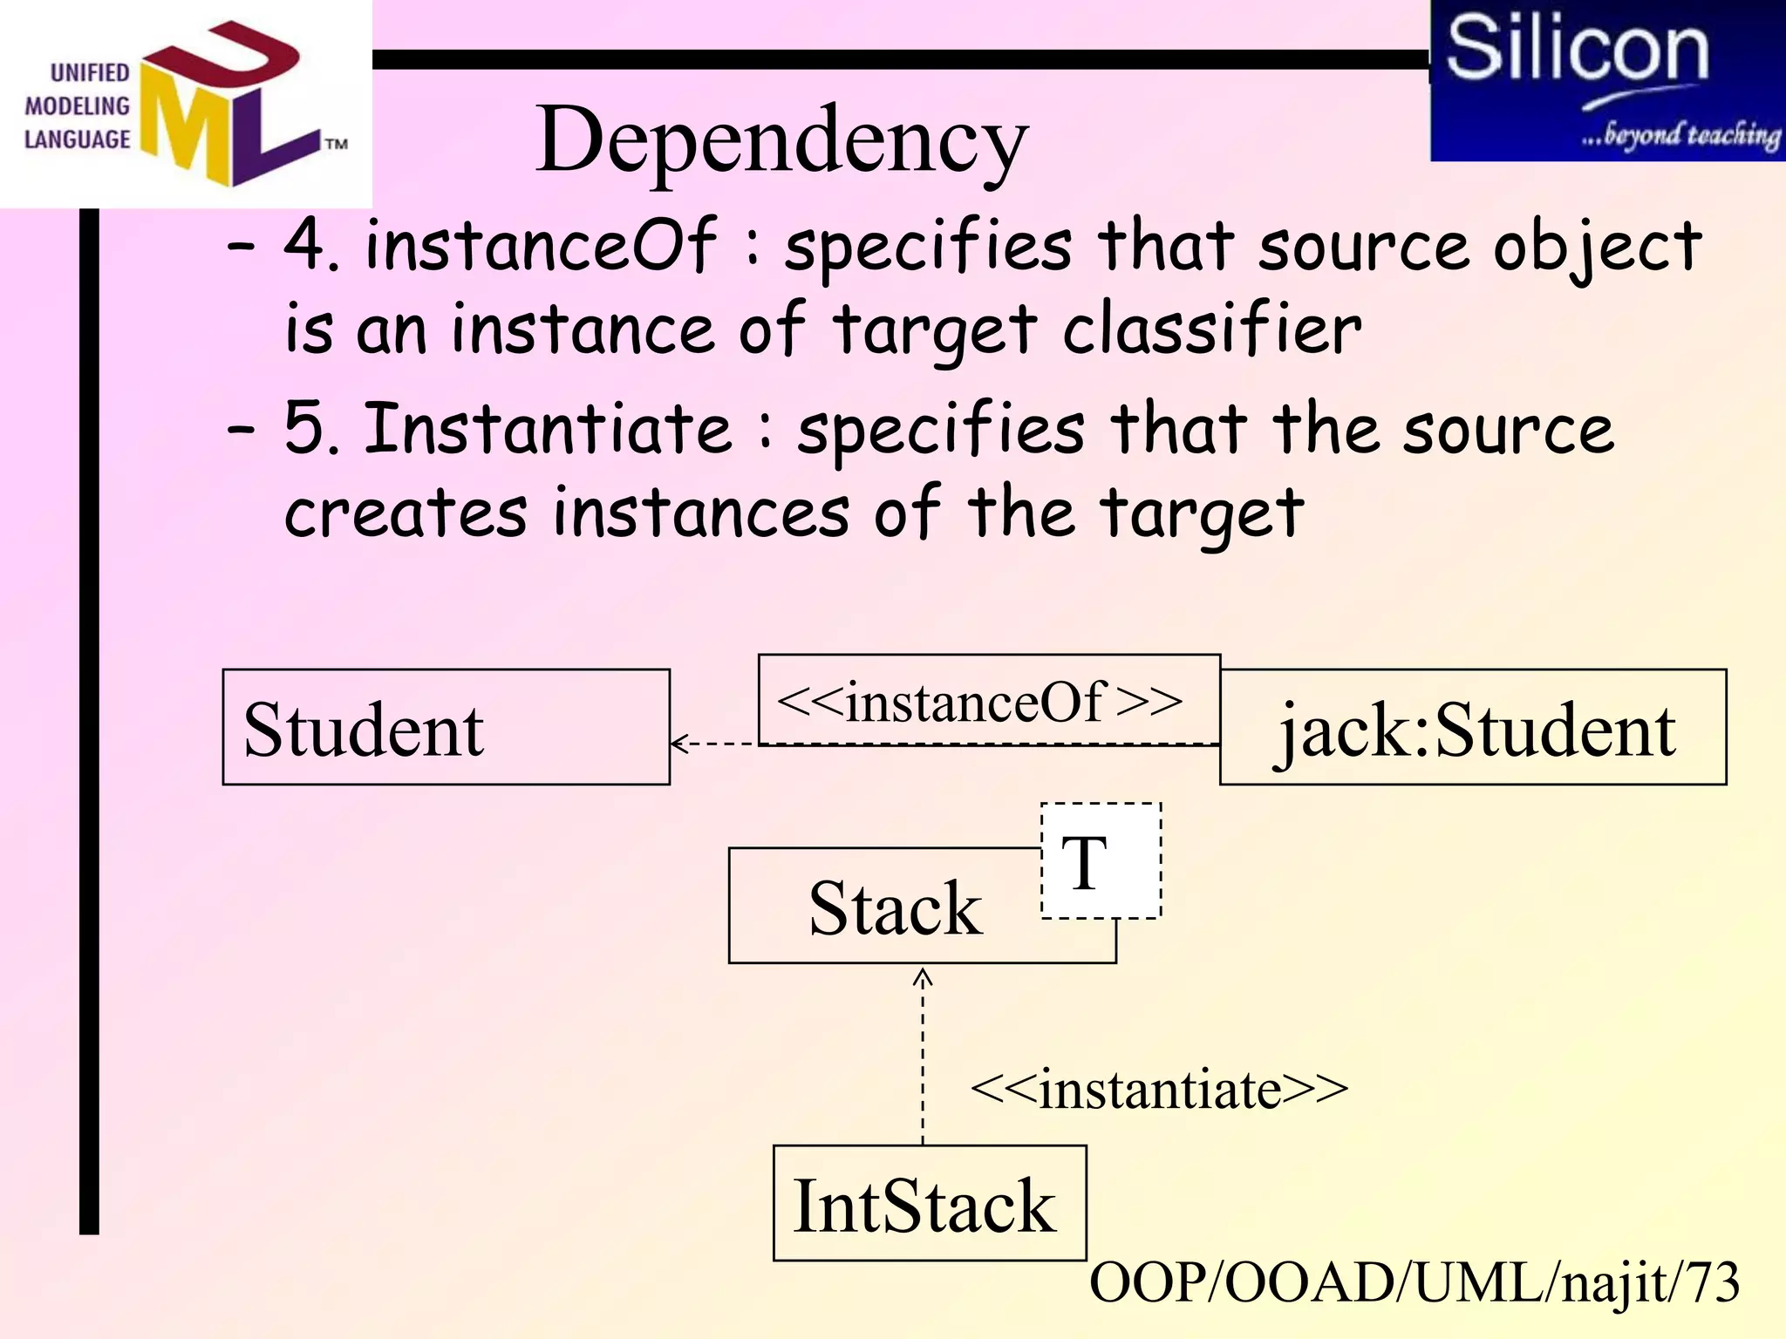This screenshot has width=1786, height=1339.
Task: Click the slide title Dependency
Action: click(x=781, y=139)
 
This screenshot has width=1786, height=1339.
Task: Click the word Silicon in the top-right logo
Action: click(x=1577, y=50)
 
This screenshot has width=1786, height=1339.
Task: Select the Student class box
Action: click(x=446, y=727)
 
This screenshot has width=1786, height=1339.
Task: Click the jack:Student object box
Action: click(x=1473, y=728)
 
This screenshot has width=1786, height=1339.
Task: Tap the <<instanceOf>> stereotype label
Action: click(x=979, y=701)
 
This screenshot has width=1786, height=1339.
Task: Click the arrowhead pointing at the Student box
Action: click(x=678, y=744)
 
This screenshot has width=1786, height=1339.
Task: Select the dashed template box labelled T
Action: click(x=1101, y=860)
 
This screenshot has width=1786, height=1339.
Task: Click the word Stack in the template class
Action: click(x=895, y=908)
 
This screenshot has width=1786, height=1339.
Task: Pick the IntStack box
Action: click(x=929, y=1204)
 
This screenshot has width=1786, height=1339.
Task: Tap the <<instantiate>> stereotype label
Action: click(x=1159, y=1089)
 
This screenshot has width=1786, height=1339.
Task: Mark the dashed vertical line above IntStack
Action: click(x=923, y=1064)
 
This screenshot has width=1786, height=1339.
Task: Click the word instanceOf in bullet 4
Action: click(x=541, y=246)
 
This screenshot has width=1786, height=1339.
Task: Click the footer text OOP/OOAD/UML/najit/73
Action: click(x=1414, y=1283)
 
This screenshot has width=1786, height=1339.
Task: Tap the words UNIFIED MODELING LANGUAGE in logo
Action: click(x=77, y=106)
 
